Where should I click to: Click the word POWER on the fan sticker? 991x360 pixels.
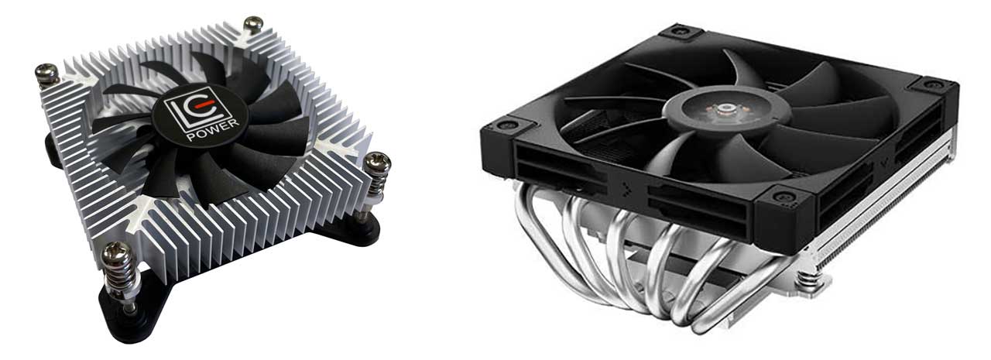(x=213, y=130)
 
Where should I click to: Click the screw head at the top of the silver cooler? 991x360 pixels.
(x=253, y=23)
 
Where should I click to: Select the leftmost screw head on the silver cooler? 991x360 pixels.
(x=47, y=74)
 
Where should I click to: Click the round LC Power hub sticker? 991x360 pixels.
(x=200, y=115)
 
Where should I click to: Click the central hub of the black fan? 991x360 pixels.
(x=726, y=108)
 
